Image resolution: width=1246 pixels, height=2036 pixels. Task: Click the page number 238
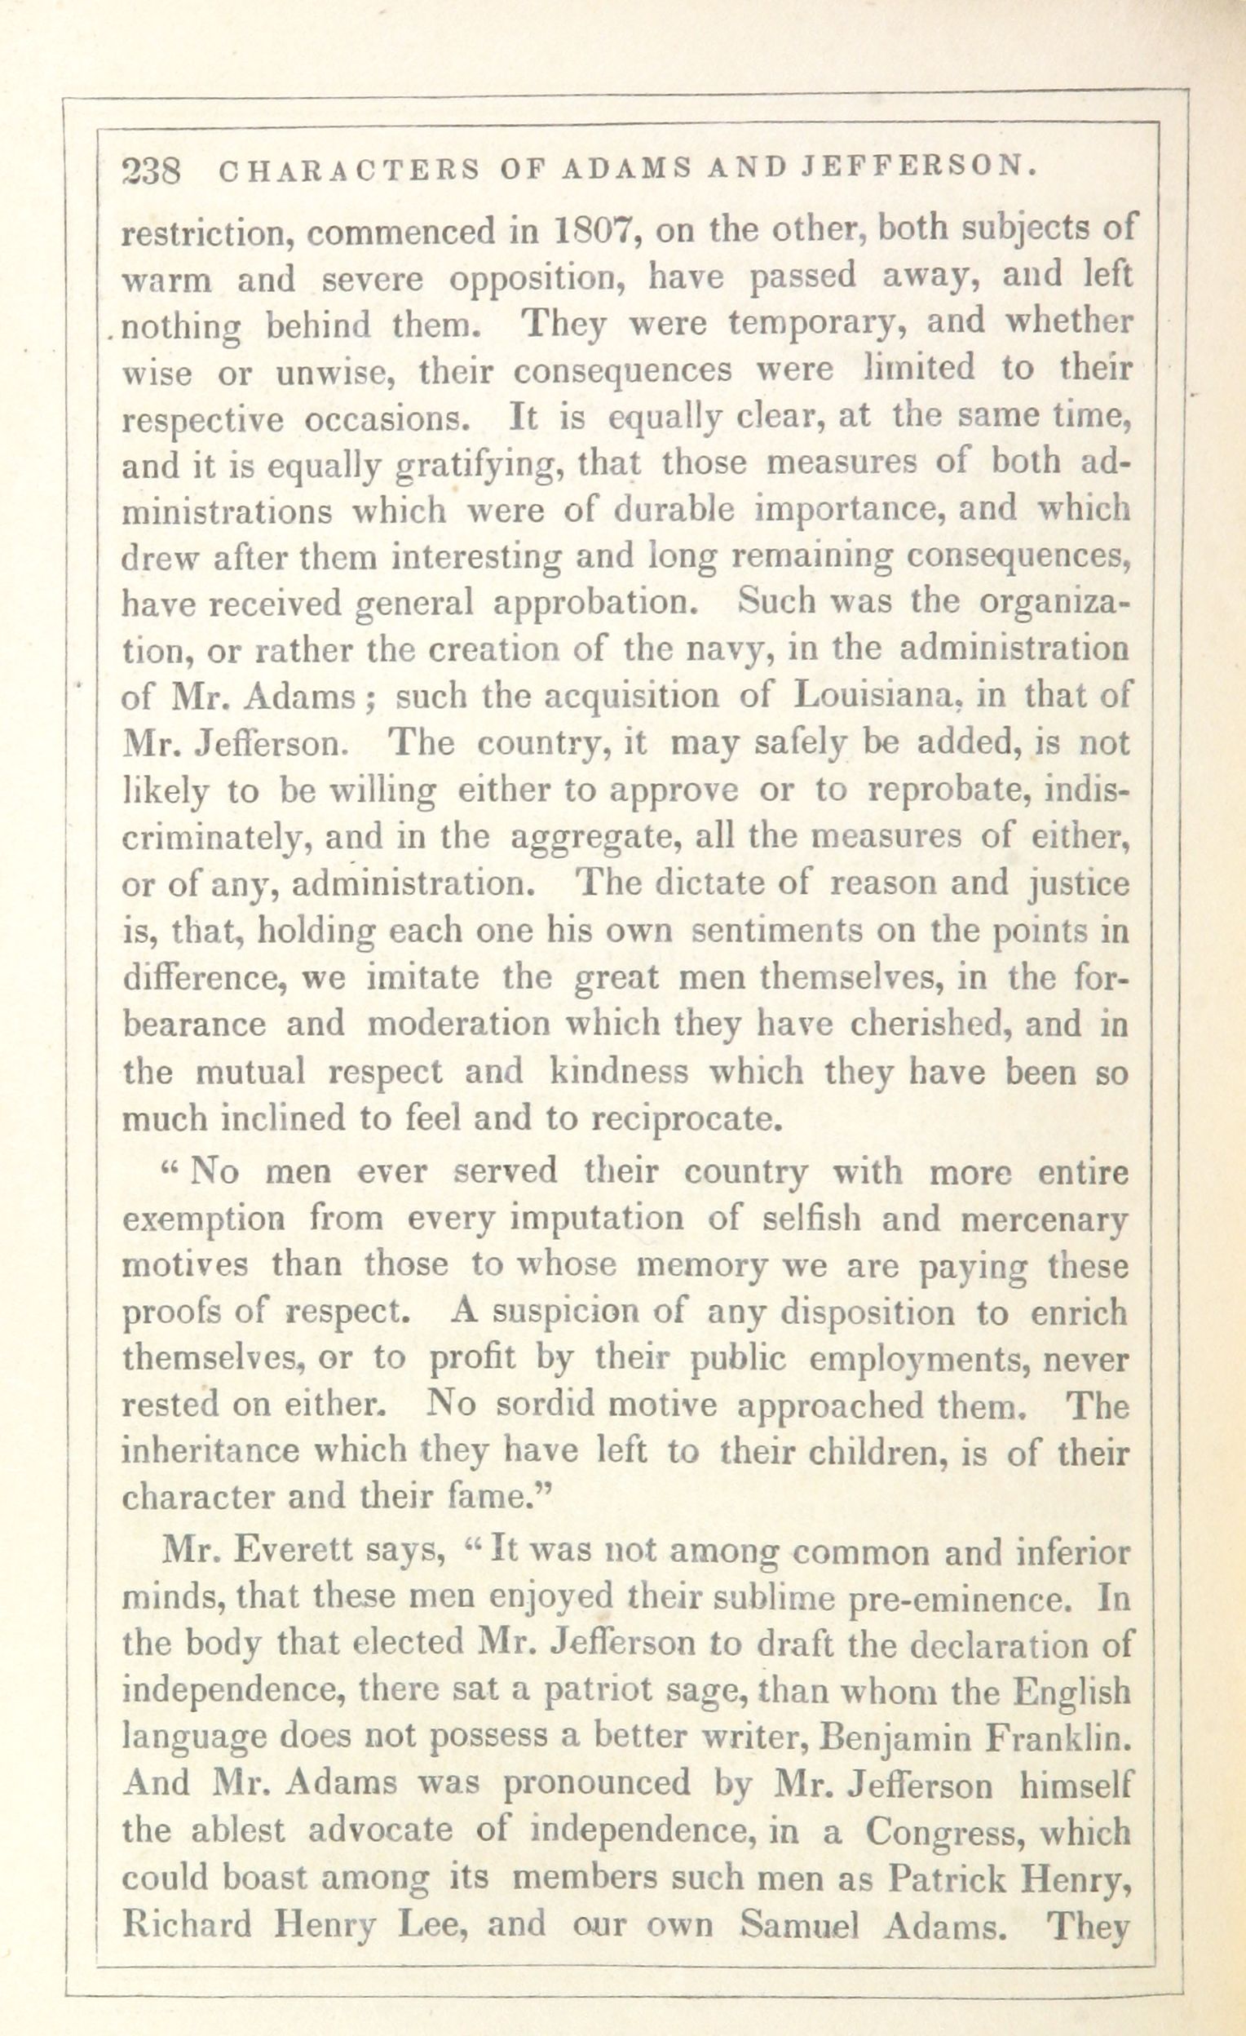(x=151, y=171)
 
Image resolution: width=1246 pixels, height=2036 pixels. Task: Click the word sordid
(x=536, y=1405)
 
